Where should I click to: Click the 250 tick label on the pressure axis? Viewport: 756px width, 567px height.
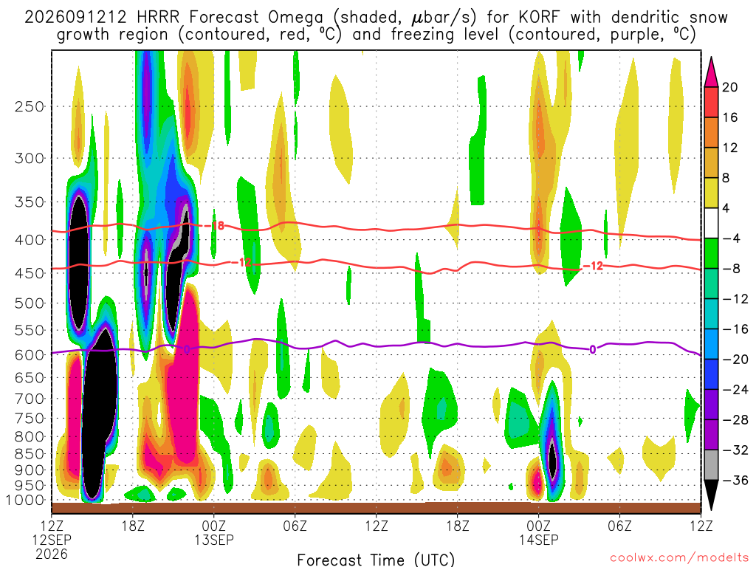coord(30,106)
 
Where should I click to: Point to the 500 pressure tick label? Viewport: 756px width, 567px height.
coord(30,303)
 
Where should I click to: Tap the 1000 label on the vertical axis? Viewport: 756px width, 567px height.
coord(26,500)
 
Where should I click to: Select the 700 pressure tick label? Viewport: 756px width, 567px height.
coord(30,399)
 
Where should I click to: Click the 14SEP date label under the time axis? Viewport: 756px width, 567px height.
coord(538,540)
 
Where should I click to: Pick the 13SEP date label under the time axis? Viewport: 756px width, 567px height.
coord(214,540)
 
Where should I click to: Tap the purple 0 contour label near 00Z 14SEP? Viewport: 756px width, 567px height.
coord(593,349)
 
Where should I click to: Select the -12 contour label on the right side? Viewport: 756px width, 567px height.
coord(594,266)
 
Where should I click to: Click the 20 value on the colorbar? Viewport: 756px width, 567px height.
coord(729,87)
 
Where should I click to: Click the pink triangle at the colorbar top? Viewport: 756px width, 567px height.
coord(711,72)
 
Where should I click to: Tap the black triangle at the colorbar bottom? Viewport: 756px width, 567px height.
coord(711,495)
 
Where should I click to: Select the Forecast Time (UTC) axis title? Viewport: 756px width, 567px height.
coord(376,560)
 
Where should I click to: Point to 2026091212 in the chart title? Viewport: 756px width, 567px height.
coord(76,18)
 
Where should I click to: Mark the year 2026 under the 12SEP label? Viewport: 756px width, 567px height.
coord(52,554)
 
